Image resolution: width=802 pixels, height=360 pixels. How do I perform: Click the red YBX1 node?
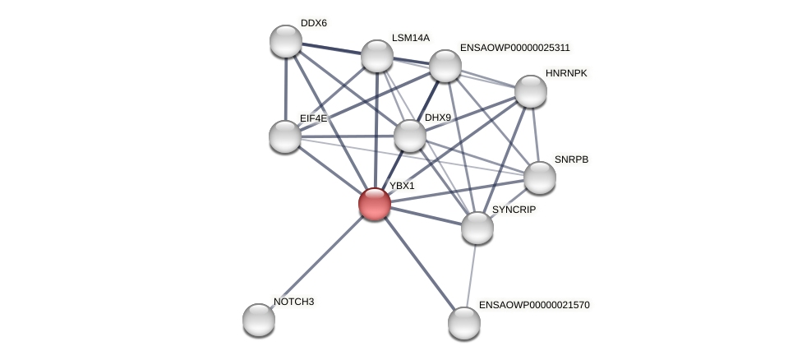(x=375, y=204)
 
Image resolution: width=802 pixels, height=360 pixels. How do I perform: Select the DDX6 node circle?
(x=286, y=41)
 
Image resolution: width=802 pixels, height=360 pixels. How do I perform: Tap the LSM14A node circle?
(x=377, y=56)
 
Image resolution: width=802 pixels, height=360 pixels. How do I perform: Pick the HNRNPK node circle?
(x=531, y=91)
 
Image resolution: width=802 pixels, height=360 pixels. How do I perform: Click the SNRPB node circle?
(x=540, y=178)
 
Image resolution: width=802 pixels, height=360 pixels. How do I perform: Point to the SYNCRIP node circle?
(x=477, y=228)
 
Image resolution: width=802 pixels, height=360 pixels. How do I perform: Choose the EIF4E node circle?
(x=285, y=136)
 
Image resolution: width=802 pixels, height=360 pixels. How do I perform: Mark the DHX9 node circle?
(x=410, y=136)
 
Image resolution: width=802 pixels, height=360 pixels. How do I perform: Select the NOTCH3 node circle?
(x=259, y=320)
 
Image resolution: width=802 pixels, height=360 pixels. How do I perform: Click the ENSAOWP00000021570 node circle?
(x=464, y=323)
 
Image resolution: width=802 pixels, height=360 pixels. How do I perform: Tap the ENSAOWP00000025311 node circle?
(x=445, y=66)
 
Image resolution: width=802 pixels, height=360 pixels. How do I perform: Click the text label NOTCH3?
(x=293, y=302)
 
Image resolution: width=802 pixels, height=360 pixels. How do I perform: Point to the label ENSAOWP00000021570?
(x=534, y=305)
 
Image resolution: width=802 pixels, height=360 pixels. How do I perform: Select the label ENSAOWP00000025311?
(x=514, y=48)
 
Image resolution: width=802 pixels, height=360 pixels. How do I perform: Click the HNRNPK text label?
(x=566, y=73)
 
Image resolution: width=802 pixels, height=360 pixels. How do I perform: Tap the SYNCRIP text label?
(x=514, y=210)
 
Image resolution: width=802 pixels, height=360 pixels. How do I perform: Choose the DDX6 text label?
(x=313, y=23)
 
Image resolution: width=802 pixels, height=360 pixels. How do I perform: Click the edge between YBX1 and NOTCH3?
(x=317, y=261)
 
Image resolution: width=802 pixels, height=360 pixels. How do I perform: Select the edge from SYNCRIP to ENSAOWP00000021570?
(x=471, y=275)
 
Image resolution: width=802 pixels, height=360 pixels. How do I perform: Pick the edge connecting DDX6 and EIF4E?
(x=286, y=89)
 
